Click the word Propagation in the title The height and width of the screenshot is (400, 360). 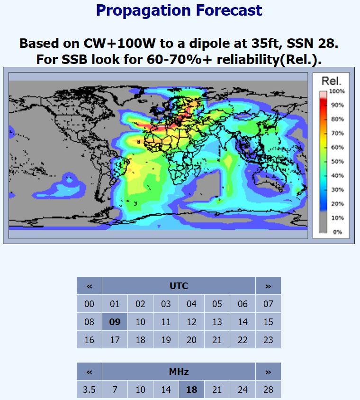click(143, 11)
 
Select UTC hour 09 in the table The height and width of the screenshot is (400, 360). click(115, 322)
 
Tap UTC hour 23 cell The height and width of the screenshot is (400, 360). click(268, 340)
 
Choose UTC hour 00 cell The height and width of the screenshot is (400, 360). click(89, 304)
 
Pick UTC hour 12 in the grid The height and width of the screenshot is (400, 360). click(191, 322)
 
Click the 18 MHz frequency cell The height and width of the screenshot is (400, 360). click(191, 390)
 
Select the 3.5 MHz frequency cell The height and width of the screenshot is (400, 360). click(89, 390)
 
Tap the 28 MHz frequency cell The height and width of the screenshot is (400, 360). click(268, 390)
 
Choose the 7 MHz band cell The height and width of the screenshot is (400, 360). click(115, 390)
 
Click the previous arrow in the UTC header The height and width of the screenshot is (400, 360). click(89, 286)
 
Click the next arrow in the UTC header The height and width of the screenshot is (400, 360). click(268, 286)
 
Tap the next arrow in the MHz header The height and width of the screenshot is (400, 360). click(268, 372)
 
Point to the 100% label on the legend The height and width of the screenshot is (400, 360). click(337, 91)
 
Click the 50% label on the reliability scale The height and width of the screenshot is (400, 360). click(338, 162)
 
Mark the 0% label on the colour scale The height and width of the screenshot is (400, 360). click(337, 232)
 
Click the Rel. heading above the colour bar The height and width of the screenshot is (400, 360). click(331, 81)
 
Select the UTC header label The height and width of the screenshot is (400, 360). click(179, 286)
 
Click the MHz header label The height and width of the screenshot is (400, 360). click(179, 372)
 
